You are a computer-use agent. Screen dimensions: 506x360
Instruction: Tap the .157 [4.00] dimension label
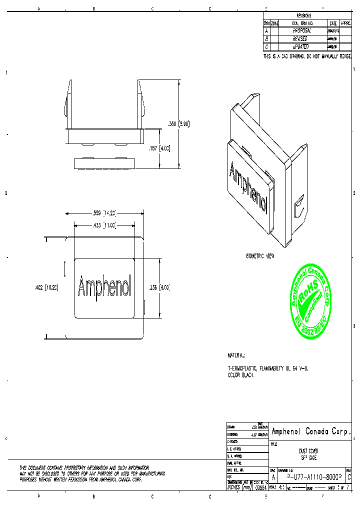pyautogui.click(x=160, y=148)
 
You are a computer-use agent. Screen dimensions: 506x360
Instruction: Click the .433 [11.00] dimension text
pyautogui.click(x=105, y=225)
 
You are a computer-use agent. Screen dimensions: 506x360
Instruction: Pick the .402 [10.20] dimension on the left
pyautogui.click(x=45, y=287)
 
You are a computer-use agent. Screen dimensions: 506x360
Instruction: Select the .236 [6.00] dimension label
pyautogui.click(x=160, y=287)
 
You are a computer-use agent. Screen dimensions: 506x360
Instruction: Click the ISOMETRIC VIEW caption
pyautogui.click(x=260, y=255)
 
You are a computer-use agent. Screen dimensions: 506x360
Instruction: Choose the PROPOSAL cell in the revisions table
pyautogui.click(x=302, y=31)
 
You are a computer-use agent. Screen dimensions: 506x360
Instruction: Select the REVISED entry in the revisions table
pyautogui.click(x=302, y=38)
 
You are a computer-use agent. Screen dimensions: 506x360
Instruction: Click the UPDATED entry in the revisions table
pyautogui.click(x=302, y=46)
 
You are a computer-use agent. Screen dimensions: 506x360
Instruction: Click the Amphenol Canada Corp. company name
pyautogui.click(x=310, y=431)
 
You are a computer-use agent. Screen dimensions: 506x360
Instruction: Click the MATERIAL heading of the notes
pyautogui.click(x=236, y=356)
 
